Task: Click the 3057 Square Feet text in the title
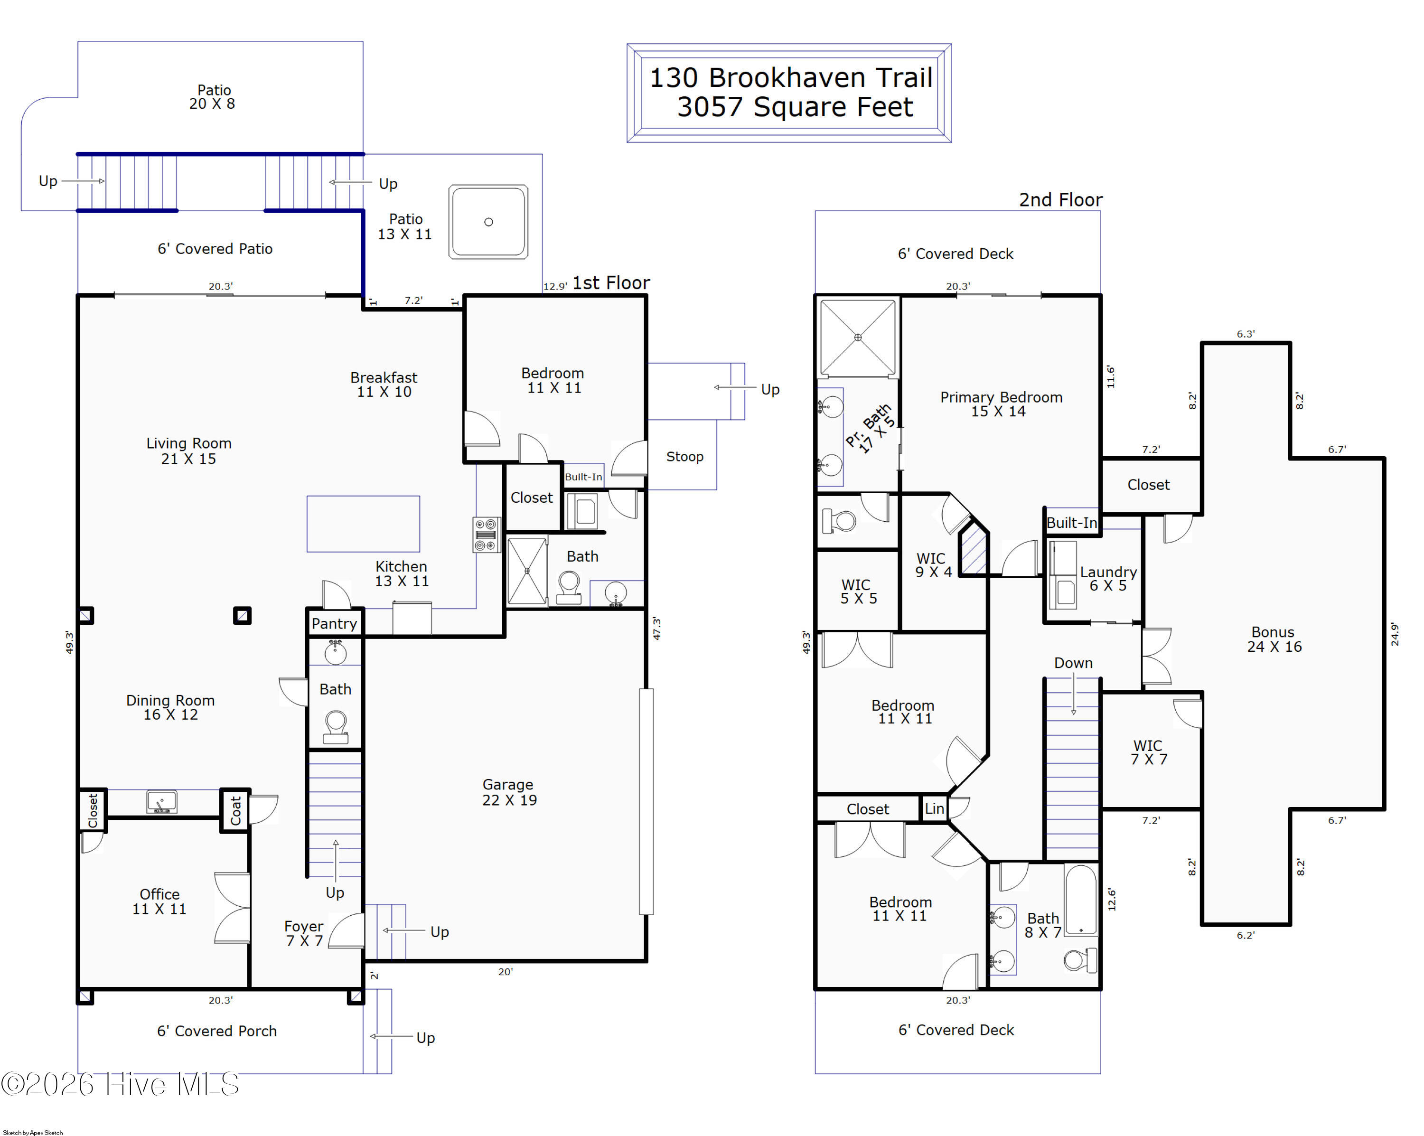795,107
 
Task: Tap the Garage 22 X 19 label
508,792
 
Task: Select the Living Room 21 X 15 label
189,451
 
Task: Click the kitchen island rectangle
363,524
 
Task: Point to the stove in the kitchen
486,535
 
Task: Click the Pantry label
334,623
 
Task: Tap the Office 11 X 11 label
159,901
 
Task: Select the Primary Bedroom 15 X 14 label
1001,404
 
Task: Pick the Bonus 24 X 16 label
1274,639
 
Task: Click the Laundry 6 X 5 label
1107,579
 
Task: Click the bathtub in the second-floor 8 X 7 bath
1080,900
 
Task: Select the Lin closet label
934,808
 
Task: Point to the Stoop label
684,456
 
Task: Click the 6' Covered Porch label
216,1031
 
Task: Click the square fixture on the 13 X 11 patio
488,222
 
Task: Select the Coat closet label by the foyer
235,810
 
